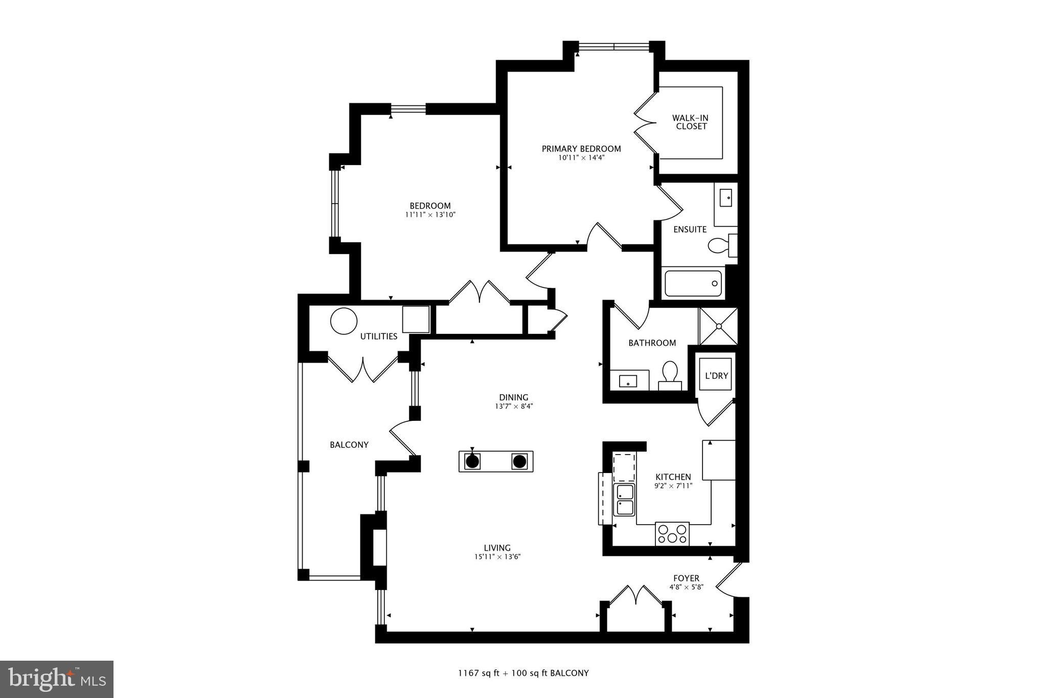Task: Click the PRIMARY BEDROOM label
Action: [x=581, y=149]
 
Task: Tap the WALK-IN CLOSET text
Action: [x=691, y=122]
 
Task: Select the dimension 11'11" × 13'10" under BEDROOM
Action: [x=430, y=215]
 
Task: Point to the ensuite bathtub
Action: [x=693, y=283]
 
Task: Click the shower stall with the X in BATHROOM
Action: [x=718, y=326]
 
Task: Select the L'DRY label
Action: [x=716, y=376]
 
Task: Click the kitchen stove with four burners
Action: [x=672, y=534]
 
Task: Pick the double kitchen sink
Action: [x=624, y=500]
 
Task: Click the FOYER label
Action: [x=686, y=578]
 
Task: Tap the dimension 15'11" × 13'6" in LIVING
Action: [x=497, y=557]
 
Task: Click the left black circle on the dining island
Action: [x=472, y=462]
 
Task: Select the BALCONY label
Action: [x=349, y=445]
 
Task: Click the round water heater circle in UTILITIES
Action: [x=344, y=321]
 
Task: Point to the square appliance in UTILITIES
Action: [x=416, y=320]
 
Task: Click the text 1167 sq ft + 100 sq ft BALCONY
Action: [x=523, y=673]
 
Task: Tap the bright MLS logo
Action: [x=57, y=679]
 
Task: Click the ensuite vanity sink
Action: [x=725, y=198]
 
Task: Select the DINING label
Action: [x=513, y=397]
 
